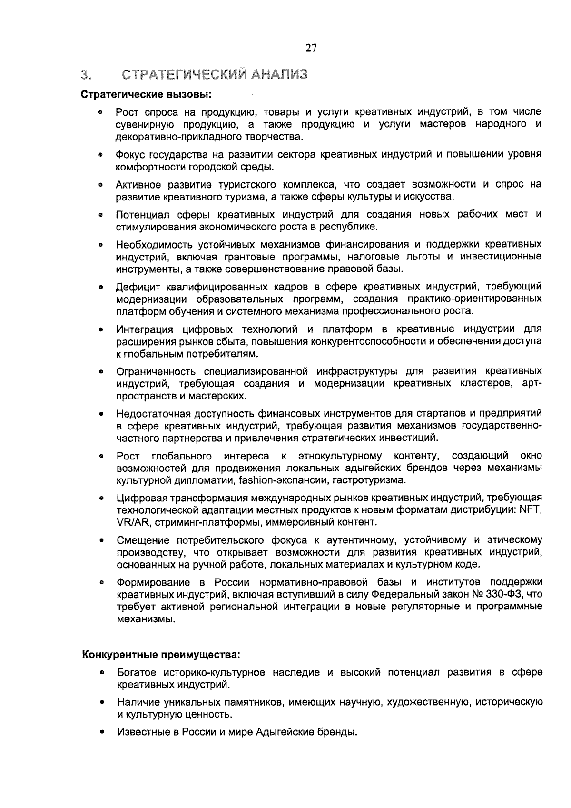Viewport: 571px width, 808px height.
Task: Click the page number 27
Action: pyautogui.click(x=311, y=48)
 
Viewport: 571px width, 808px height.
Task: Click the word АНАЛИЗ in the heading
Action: pyautogui.click(x=279, y=74)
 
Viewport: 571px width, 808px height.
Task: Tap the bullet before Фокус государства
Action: pyautogui.click(x=101, y=155)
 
